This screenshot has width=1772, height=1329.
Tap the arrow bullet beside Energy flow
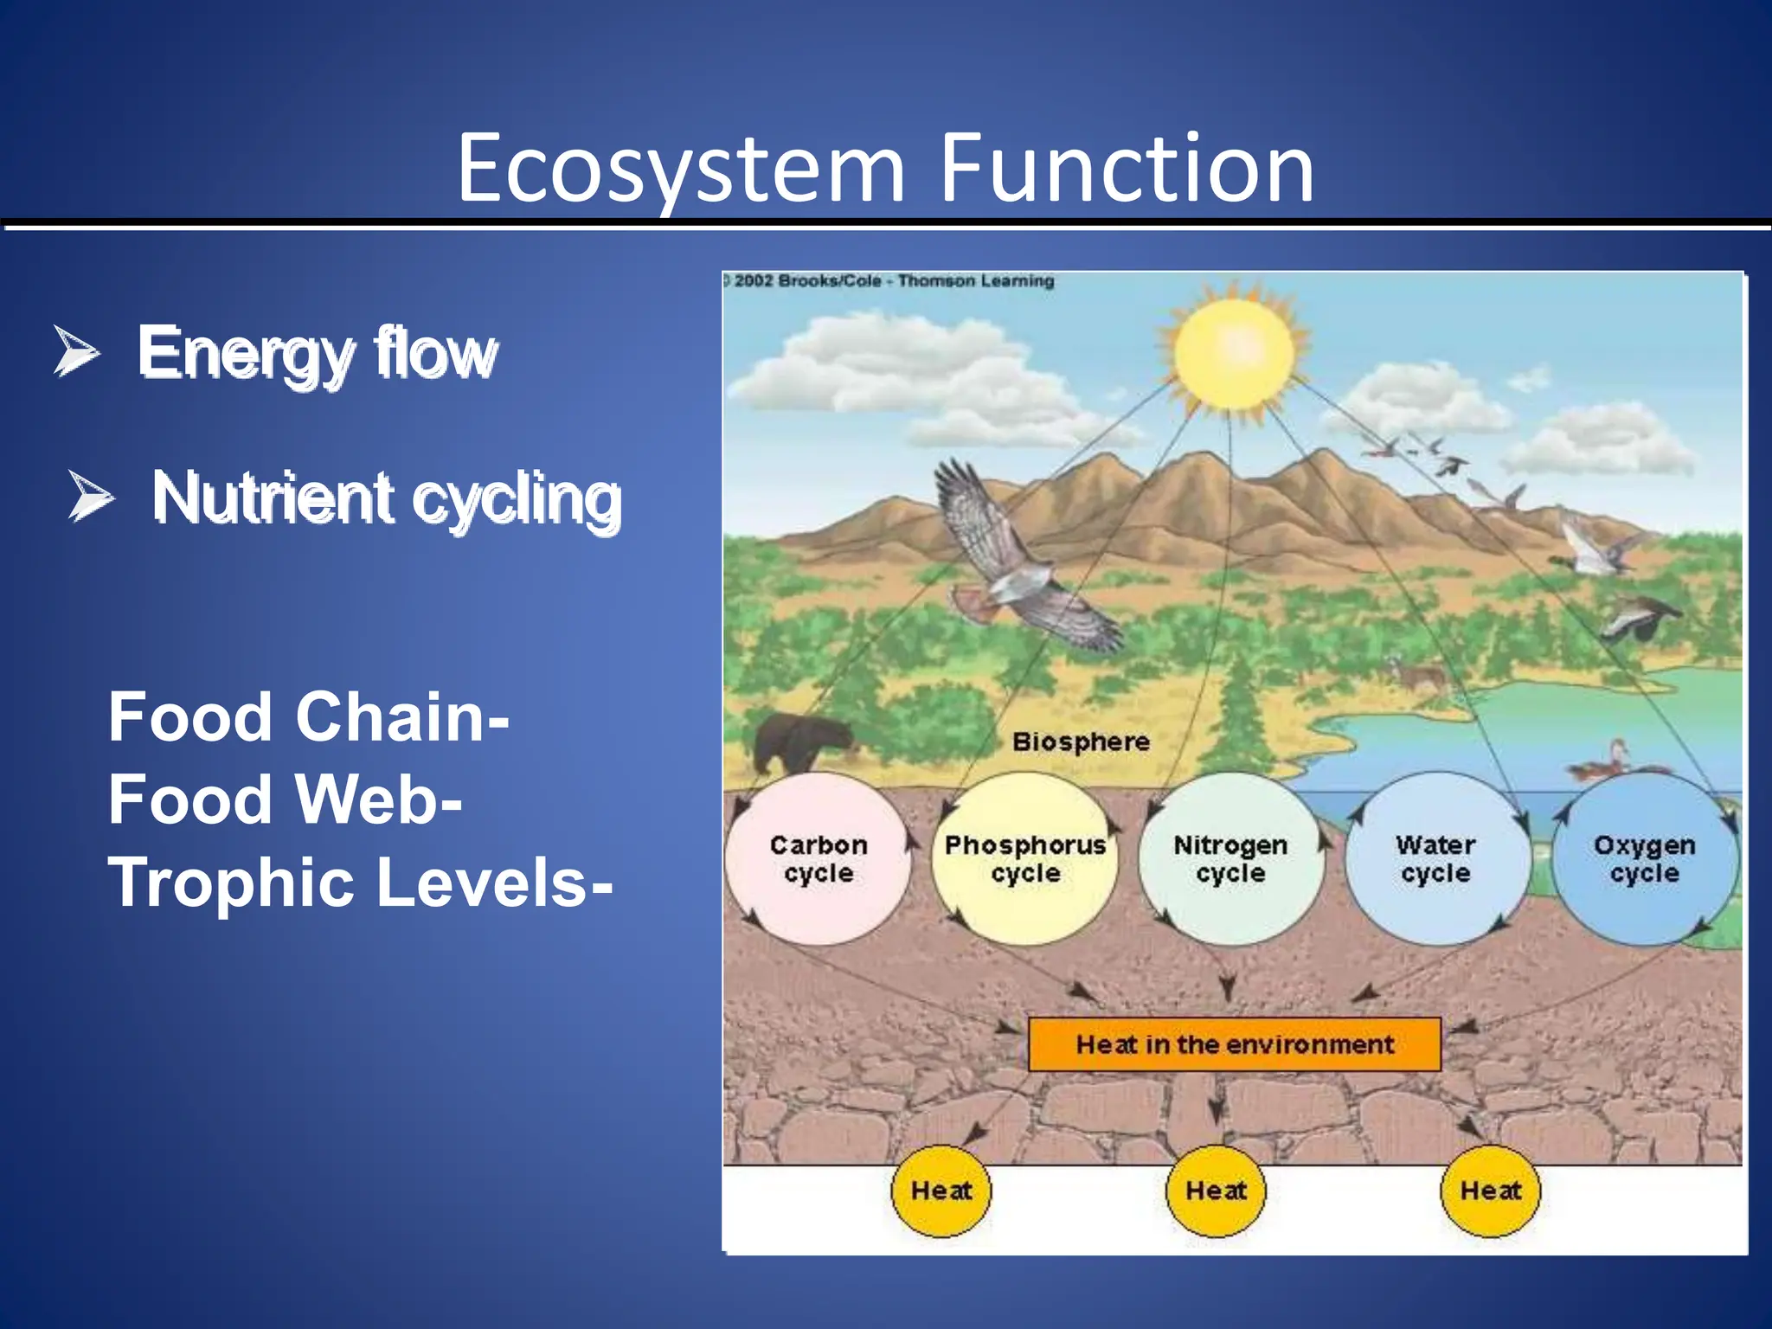coord(76,351)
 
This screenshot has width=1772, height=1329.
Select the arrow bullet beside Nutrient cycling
coord(91,497)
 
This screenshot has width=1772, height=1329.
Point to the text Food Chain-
coord(308,717)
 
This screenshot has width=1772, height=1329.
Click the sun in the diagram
coord(1233,353)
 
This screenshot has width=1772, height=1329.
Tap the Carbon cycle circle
coord(818,858)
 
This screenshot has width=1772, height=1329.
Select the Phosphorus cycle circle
coord(1024,858)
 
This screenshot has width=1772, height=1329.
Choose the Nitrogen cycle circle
coord(1229,858)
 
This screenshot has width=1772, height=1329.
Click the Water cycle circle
coord(1435,858)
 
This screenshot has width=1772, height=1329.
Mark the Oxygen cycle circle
coord(1643,858)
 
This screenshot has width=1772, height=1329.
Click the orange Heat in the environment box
coord(1234,1044)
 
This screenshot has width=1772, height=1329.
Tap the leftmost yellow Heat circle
coord(941,1191)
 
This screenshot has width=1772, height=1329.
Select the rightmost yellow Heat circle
coord(1490,1191)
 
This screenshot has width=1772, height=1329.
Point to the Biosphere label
coord(1081,742)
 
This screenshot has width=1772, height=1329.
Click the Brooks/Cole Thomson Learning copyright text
coord(891,281)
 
